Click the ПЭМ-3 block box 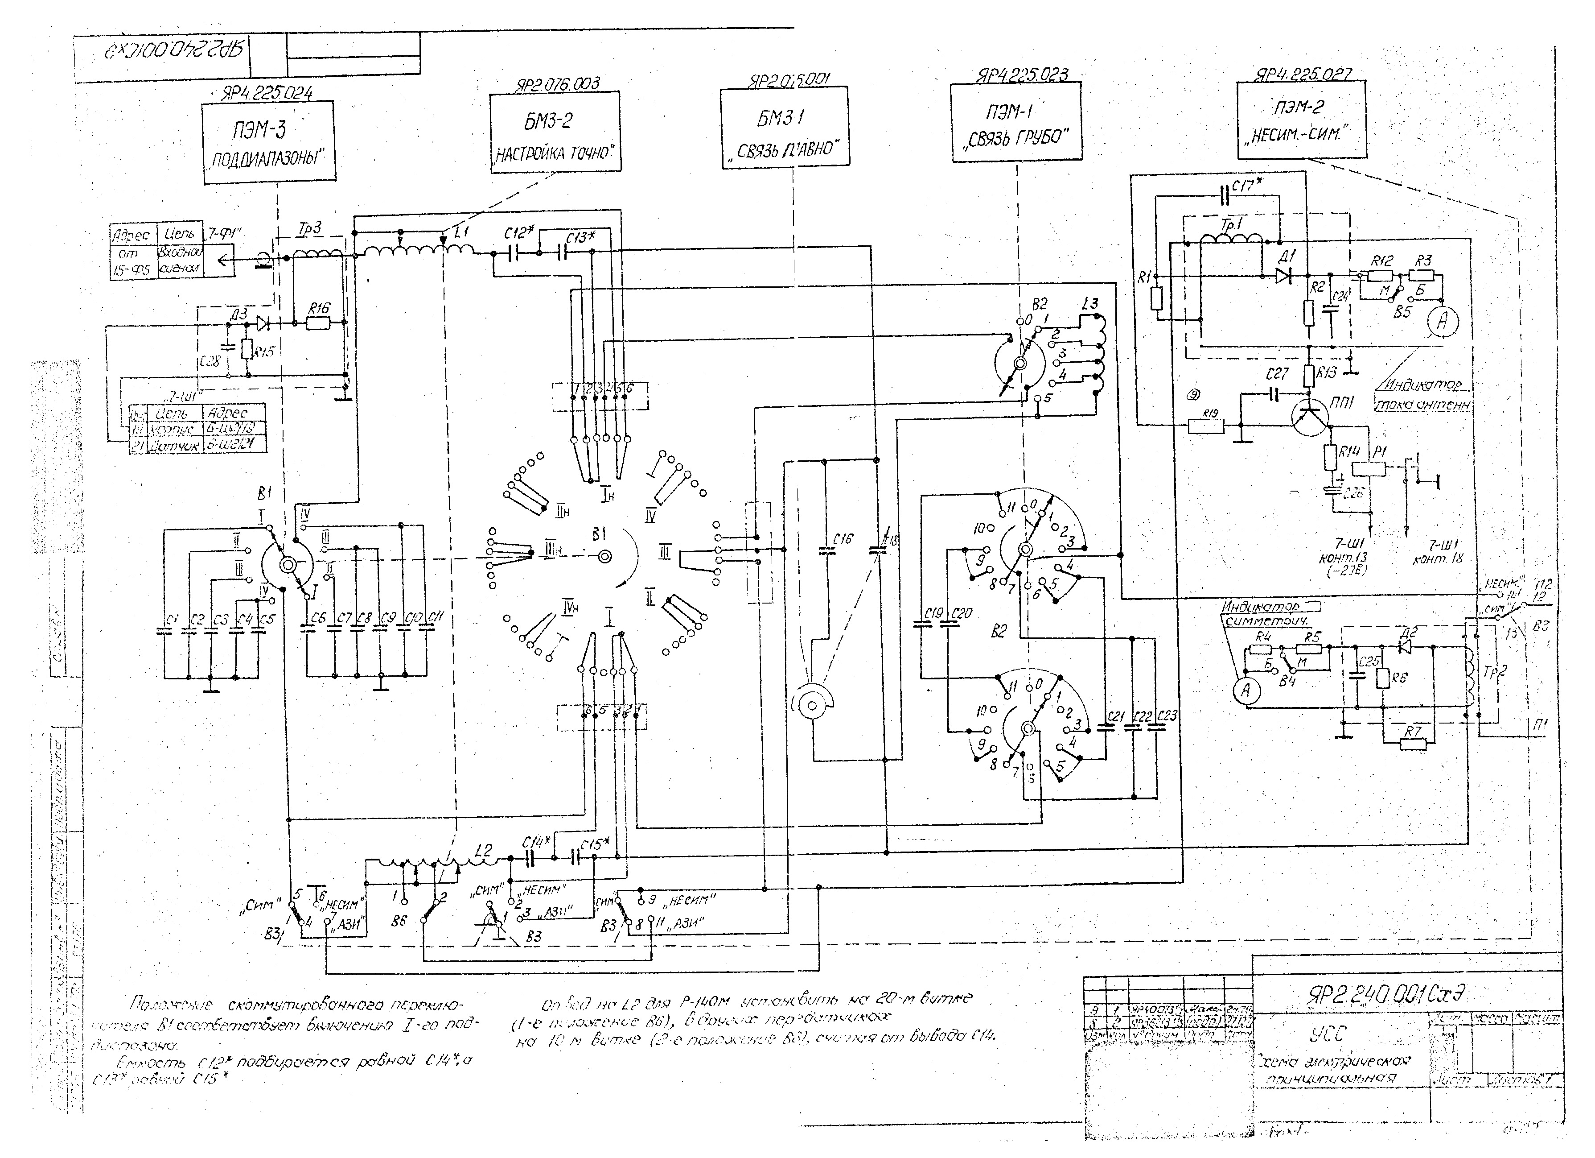(269, 141)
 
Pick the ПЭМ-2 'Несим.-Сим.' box (1301, 119)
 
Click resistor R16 (319, 323)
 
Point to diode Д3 (262, 323)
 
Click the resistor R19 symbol (1205, 426)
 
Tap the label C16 (843, 539)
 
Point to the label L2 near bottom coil (483, 849)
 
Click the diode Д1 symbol (1285, 275)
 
